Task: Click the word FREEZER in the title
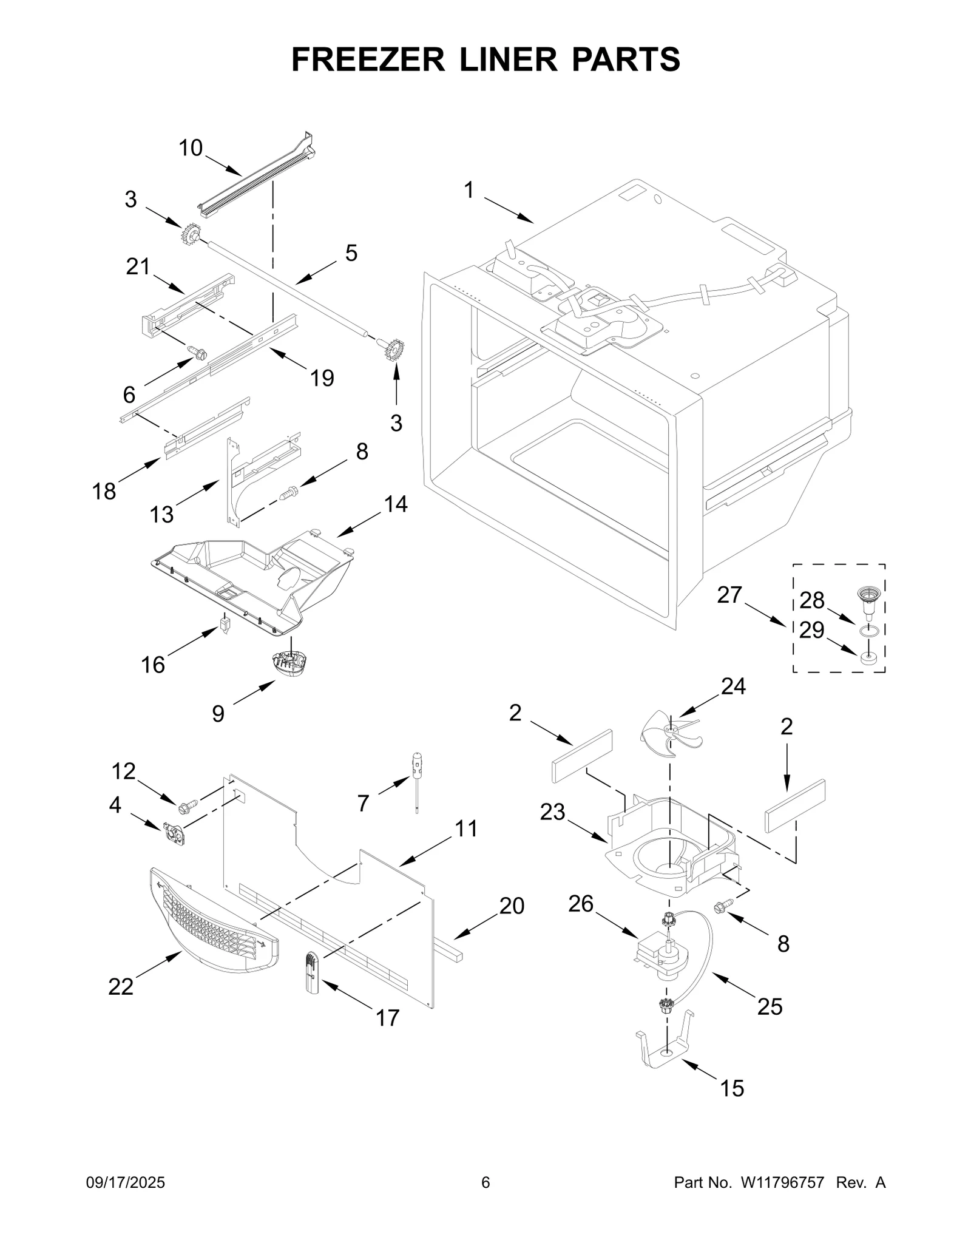(368, 59)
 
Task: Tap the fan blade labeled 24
(670, 734)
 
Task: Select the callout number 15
(731, 1088)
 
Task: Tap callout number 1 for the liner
(469, 191)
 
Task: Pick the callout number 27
(729, 595)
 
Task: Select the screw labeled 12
(184, 807)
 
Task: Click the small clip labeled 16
(226, 624)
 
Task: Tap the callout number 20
(512, 906)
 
